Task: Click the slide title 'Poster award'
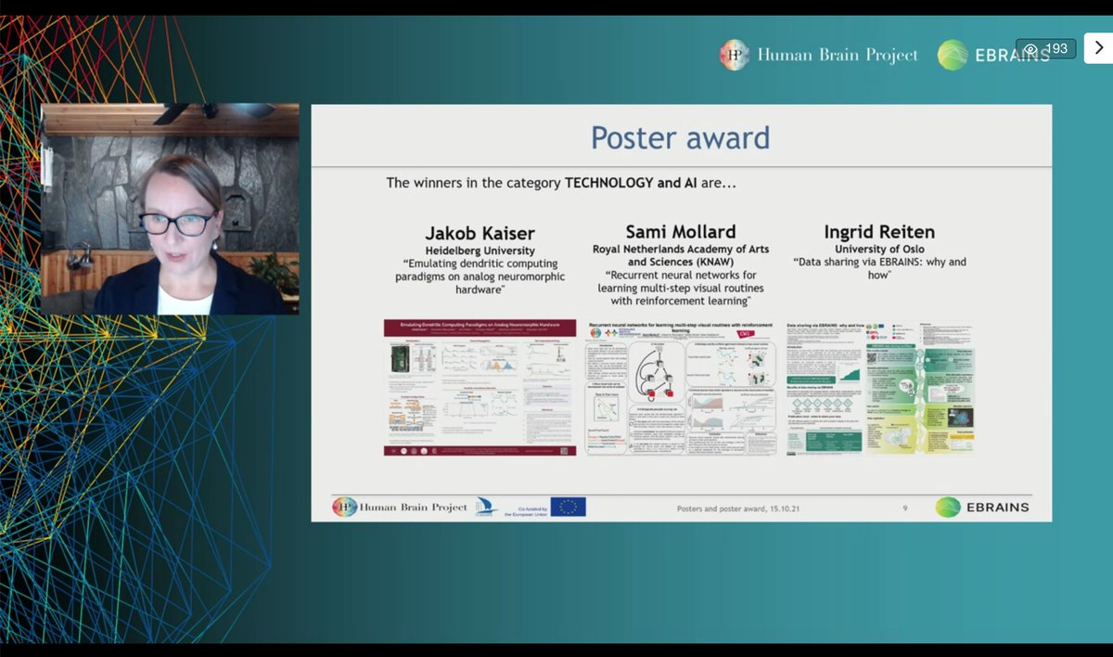[x=681, y=137]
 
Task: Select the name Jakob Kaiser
[x=480, y=232]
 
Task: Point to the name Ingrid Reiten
[x=879, y=232]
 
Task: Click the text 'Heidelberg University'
[x=480, y=251]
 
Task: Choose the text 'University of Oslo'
[x=879, y=249]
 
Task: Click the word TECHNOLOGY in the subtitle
[x=609, y=183]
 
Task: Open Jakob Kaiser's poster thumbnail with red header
[x=480, y=387]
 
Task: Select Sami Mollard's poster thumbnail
[x=680, y=387]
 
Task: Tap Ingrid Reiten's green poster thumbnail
[x=879, y=387]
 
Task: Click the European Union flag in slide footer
[x=568, y=507]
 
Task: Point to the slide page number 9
[x=905, y=509]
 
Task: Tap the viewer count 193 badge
[x=1046, y=49]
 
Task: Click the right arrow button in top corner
[x=1098, y=48]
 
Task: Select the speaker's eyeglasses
[x=176, y=224]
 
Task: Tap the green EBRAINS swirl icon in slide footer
[x=947, y=507]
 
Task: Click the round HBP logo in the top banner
[x=735, y=55]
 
